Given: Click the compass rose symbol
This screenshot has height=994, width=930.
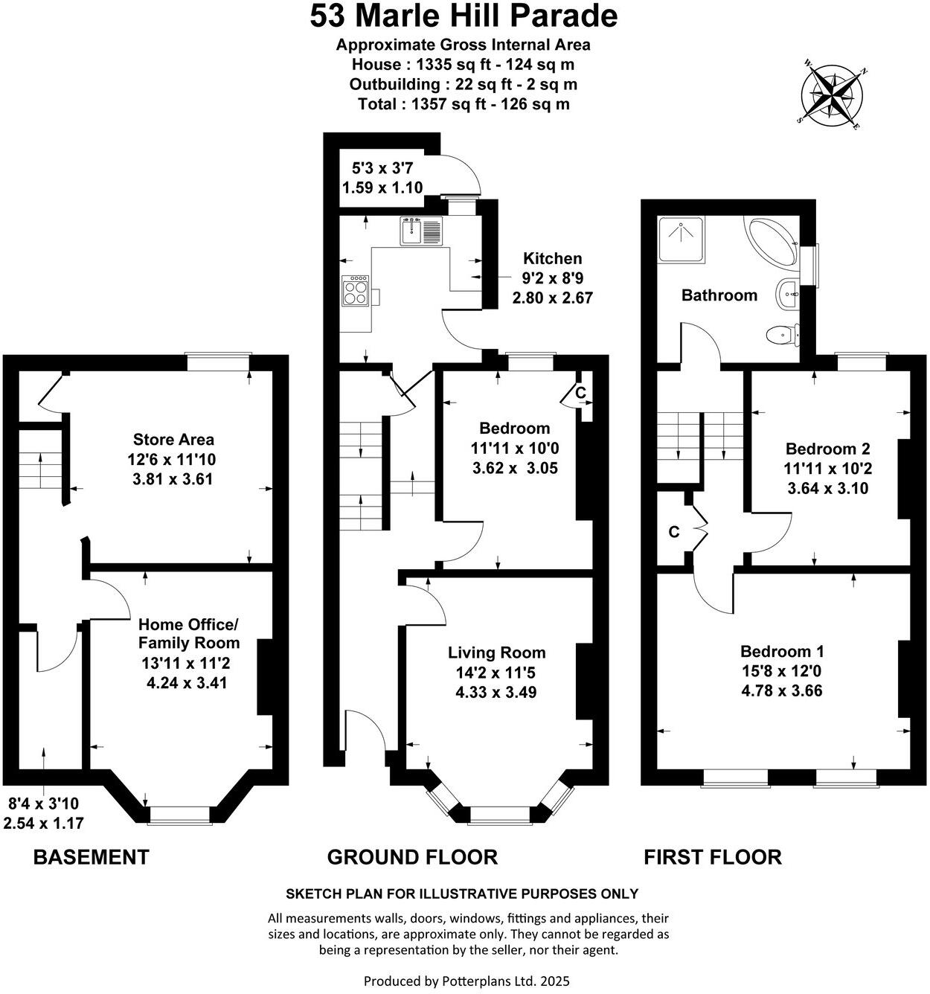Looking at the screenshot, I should tap(833, 95).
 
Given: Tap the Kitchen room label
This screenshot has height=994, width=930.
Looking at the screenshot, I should tap(552, 259).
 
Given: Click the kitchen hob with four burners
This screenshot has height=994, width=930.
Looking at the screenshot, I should tap(355, 290).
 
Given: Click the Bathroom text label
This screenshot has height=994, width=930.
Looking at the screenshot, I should tap(719, 295).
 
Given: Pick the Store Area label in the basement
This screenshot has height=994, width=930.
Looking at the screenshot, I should tap(173, 440).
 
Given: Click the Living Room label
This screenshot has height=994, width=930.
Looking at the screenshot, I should tap(496, 652).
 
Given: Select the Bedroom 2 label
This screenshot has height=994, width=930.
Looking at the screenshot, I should tap(827, 449).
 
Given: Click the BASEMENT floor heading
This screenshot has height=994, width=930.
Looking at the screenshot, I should tap(92, 857).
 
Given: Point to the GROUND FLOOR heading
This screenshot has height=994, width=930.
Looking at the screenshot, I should tap(412, 857).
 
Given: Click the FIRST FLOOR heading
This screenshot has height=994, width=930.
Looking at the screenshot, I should tap(712, 857).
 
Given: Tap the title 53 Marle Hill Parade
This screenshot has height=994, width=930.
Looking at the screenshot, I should tap(464, 16).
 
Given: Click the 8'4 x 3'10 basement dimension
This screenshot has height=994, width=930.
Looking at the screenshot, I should tap(43, 804).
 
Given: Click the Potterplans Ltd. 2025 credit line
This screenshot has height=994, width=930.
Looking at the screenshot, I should tap(466, 981).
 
